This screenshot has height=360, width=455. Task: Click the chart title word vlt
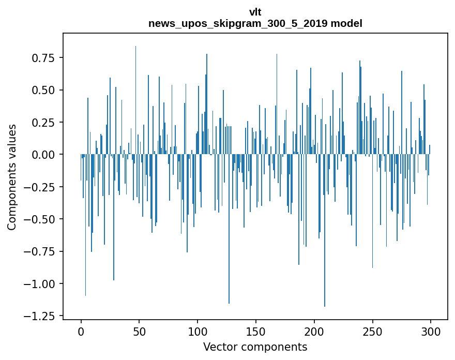click(255, 13)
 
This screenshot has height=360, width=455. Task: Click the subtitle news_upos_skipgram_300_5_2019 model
click(255, 23)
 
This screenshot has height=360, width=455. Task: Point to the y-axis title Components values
click(12, 177)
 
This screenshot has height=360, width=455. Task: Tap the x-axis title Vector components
click(255, 347)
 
